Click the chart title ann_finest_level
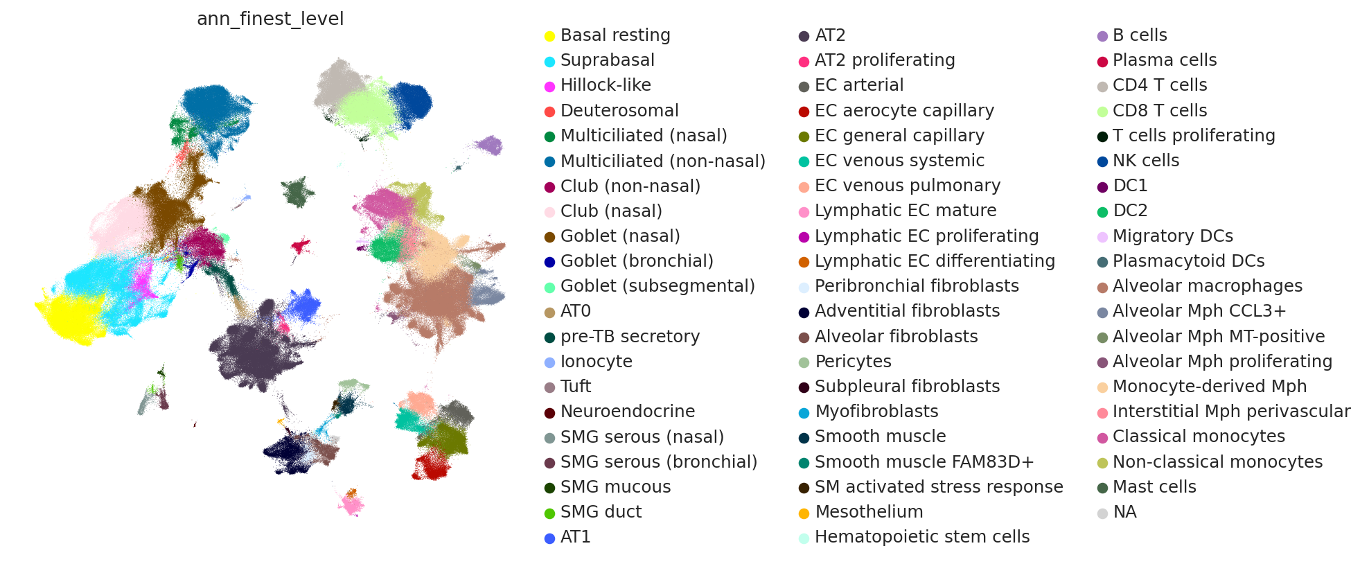coord(270,19)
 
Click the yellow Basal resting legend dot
coord(549,36)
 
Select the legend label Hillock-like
coord(606,85)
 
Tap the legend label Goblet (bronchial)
coord(637,261)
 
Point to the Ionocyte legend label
coord(596,362)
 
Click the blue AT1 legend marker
coord(549,538)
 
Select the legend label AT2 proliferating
coord(885,60)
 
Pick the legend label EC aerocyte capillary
coord(904,111)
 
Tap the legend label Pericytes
coord(853,362)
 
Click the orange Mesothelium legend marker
coord(804,513)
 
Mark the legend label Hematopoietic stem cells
coord(922,537)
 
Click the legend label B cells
coord(1140,35)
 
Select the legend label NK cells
coord(1146,161)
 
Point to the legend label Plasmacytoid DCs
coord(1188,261)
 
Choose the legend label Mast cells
coord(1154,487)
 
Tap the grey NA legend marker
coord(1102,513)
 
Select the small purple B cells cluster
coord(489,145)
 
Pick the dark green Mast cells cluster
coord(298,191)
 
